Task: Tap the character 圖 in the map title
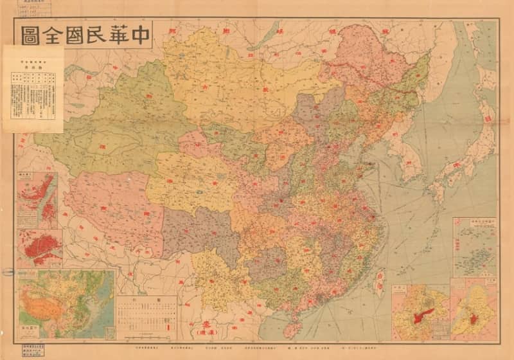pyautogui.click(x=30, y=35)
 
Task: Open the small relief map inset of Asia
pyautogui.click(x=67, y=304)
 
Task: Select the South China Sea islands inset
pyautogui.click(x=474, y=246)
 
